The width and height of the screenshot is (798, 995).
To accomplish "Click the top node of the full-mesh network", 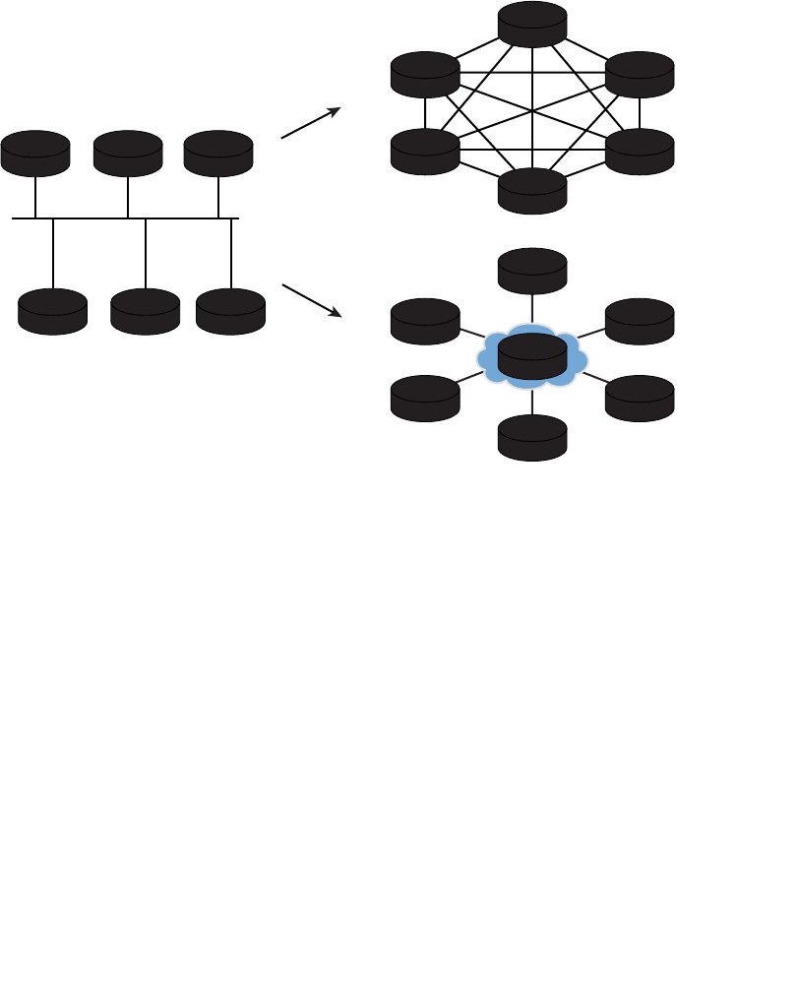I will coord(532,25).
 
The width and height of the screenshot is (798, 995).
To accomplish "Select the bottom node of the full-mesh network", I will coord(532,190).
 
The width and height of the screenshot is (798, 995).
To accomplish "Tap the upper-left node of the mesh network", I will coord(425,74).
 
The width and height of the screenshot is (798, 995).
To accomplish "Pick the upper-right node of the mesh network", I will coord(640,74).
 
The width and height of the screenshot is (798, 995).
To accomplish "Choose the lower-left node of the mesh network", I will coord(425,151).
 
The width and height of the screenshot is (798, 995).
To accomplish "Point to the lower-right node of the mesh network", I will coord(640,151).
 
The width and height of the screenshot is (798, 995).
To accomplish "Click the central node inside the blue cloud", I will coord(532,356).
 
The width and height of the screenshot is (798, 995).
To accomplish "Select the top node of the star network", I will coord(532,271).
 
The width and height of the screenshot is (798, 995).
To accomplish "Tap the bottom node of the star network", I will coord(532,438).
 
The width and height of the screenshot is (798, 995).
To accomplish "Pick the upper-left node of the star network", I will coord(425,321).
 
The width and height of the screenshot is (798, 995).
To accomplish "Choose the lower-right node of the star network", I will coord(640,399).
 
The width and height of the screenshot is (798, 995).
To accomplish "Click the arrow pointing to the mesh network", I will coord(311,123).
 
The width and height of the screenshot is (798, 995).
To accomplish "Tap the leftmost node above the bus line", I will coord(35,153).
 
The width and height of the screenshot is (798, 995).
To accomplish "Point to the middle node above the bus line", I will coord(128,153).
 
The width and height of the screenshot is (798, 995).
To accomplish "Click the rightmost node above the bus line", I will coord(218,153).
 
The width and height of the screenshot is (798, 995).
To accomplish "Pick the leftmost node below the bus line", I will coord(52,311).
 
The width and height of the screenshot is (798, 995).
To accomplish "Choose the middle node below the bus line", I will coord(146,311).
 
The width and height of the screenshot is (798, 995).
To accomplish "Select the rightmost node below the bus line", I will coord(230,311).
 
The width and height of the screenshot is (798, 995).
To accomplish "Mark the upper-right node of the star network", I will coord(640,321).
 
